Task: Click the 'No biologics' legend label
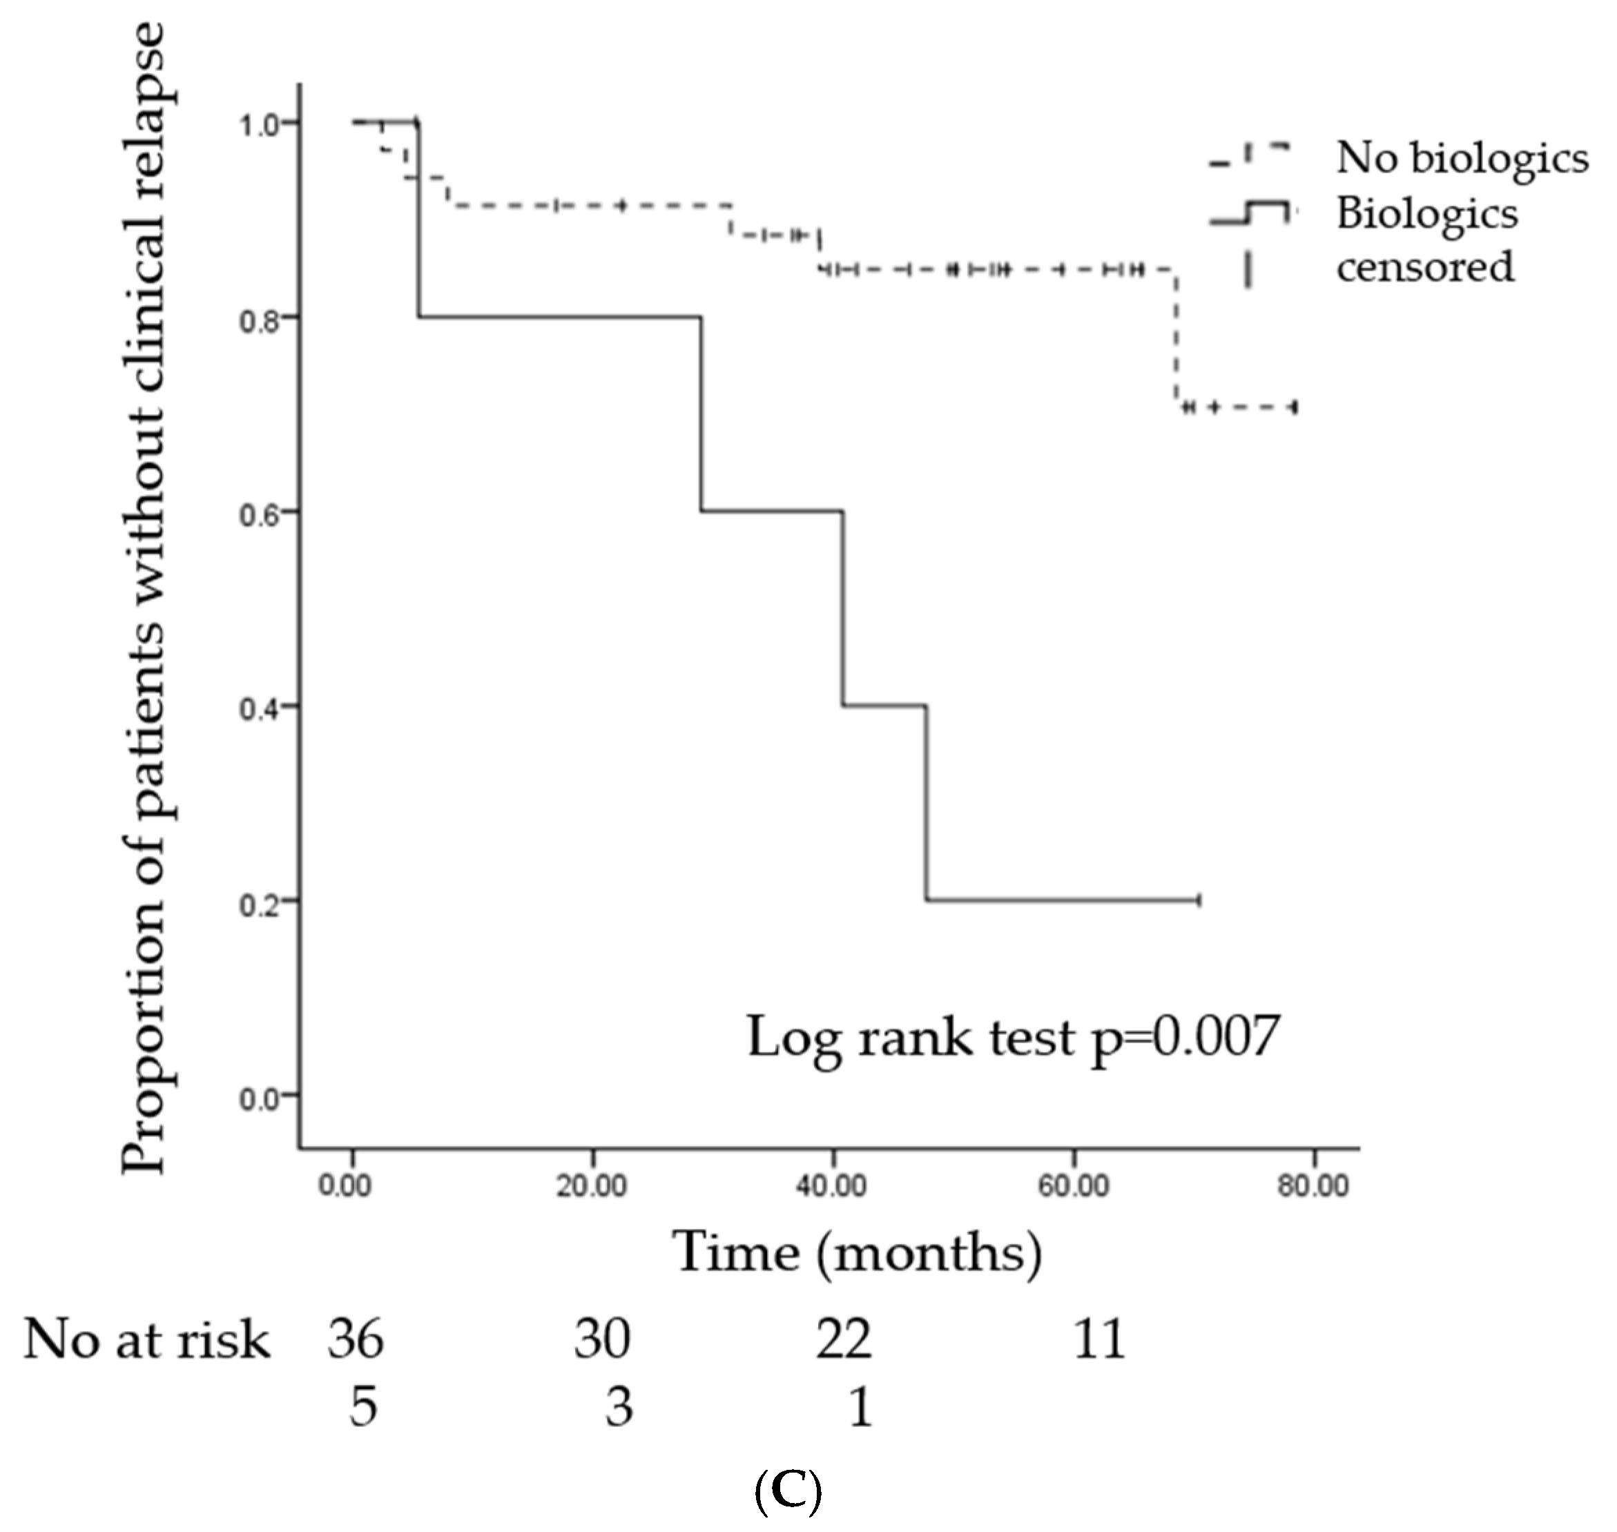click(1462, 157)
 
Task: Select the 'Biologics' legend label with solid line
click(1426, 214)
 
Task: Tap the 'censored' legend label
click(1425, 267)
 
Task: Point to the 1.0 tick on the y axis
click(259, 124)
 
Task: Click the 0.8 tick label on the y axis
click(259, 318)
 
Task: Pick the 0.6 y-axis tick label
click(259, 513)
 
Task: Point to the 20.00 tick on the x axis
click(591, 1185)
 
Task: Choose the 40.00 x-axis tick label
click(831, 1185)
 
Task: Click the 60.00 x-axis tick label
click(1072, 1185)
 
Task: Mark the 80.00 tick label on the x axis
click(1313, 1185)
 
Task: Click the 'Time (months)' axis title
click(857, 1254)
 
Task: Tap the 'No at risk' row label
click(146, 1341)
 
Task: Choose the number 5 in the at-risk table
click(363, 1408)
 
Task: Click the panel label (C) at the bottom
click(788, 1491)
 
